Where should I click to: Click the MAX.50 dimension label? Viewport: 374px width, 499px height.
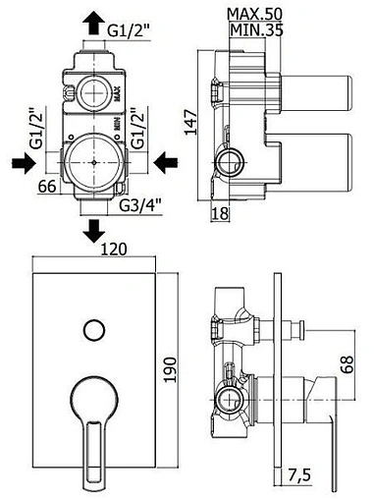coord(254,14)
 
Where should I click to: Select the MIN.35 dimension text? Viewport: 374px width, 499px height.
coord(256,30)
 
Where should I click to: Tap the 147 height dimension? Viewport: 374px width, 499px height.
coord(190,123)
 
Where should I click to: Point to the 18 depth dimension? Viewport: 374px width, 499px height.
coord(220,214)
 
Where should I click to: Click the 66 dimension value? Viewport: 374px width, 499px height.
coord(47,187)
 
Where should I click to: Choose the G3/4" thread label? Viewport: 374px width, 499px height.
coord(140,206)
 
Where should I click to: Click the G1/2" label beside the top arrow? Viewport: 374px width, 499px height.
coord(129,31)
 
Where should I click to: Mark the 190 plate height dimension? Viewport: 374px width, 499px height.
coord(170,369)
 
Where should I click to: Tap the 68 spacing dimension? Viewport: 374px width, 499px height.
coord(347,363)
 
